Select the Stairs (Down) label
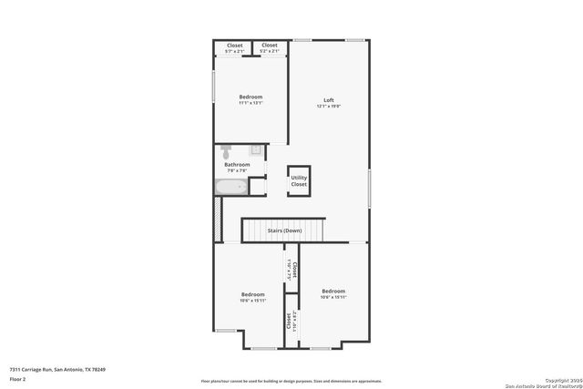pos(284,230)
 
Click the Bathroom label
pos(237,165)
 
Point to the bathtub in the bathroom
pos(231,187)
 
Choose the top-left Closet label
pos(235,45)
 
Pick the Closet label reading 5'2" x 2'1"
pos(270,51)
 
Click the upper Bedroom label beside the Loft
pos(251,97)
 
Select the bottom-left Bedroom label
pos(252,294)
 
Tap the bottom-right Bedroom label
pos(333,291)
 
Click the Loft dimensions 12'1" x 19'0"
pos(329,107)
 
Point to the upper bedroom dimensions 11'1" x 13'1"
pos(251,104)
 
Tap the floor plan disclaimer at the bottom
pos(291,382)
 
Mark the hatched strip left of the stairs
pos(217,219)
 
